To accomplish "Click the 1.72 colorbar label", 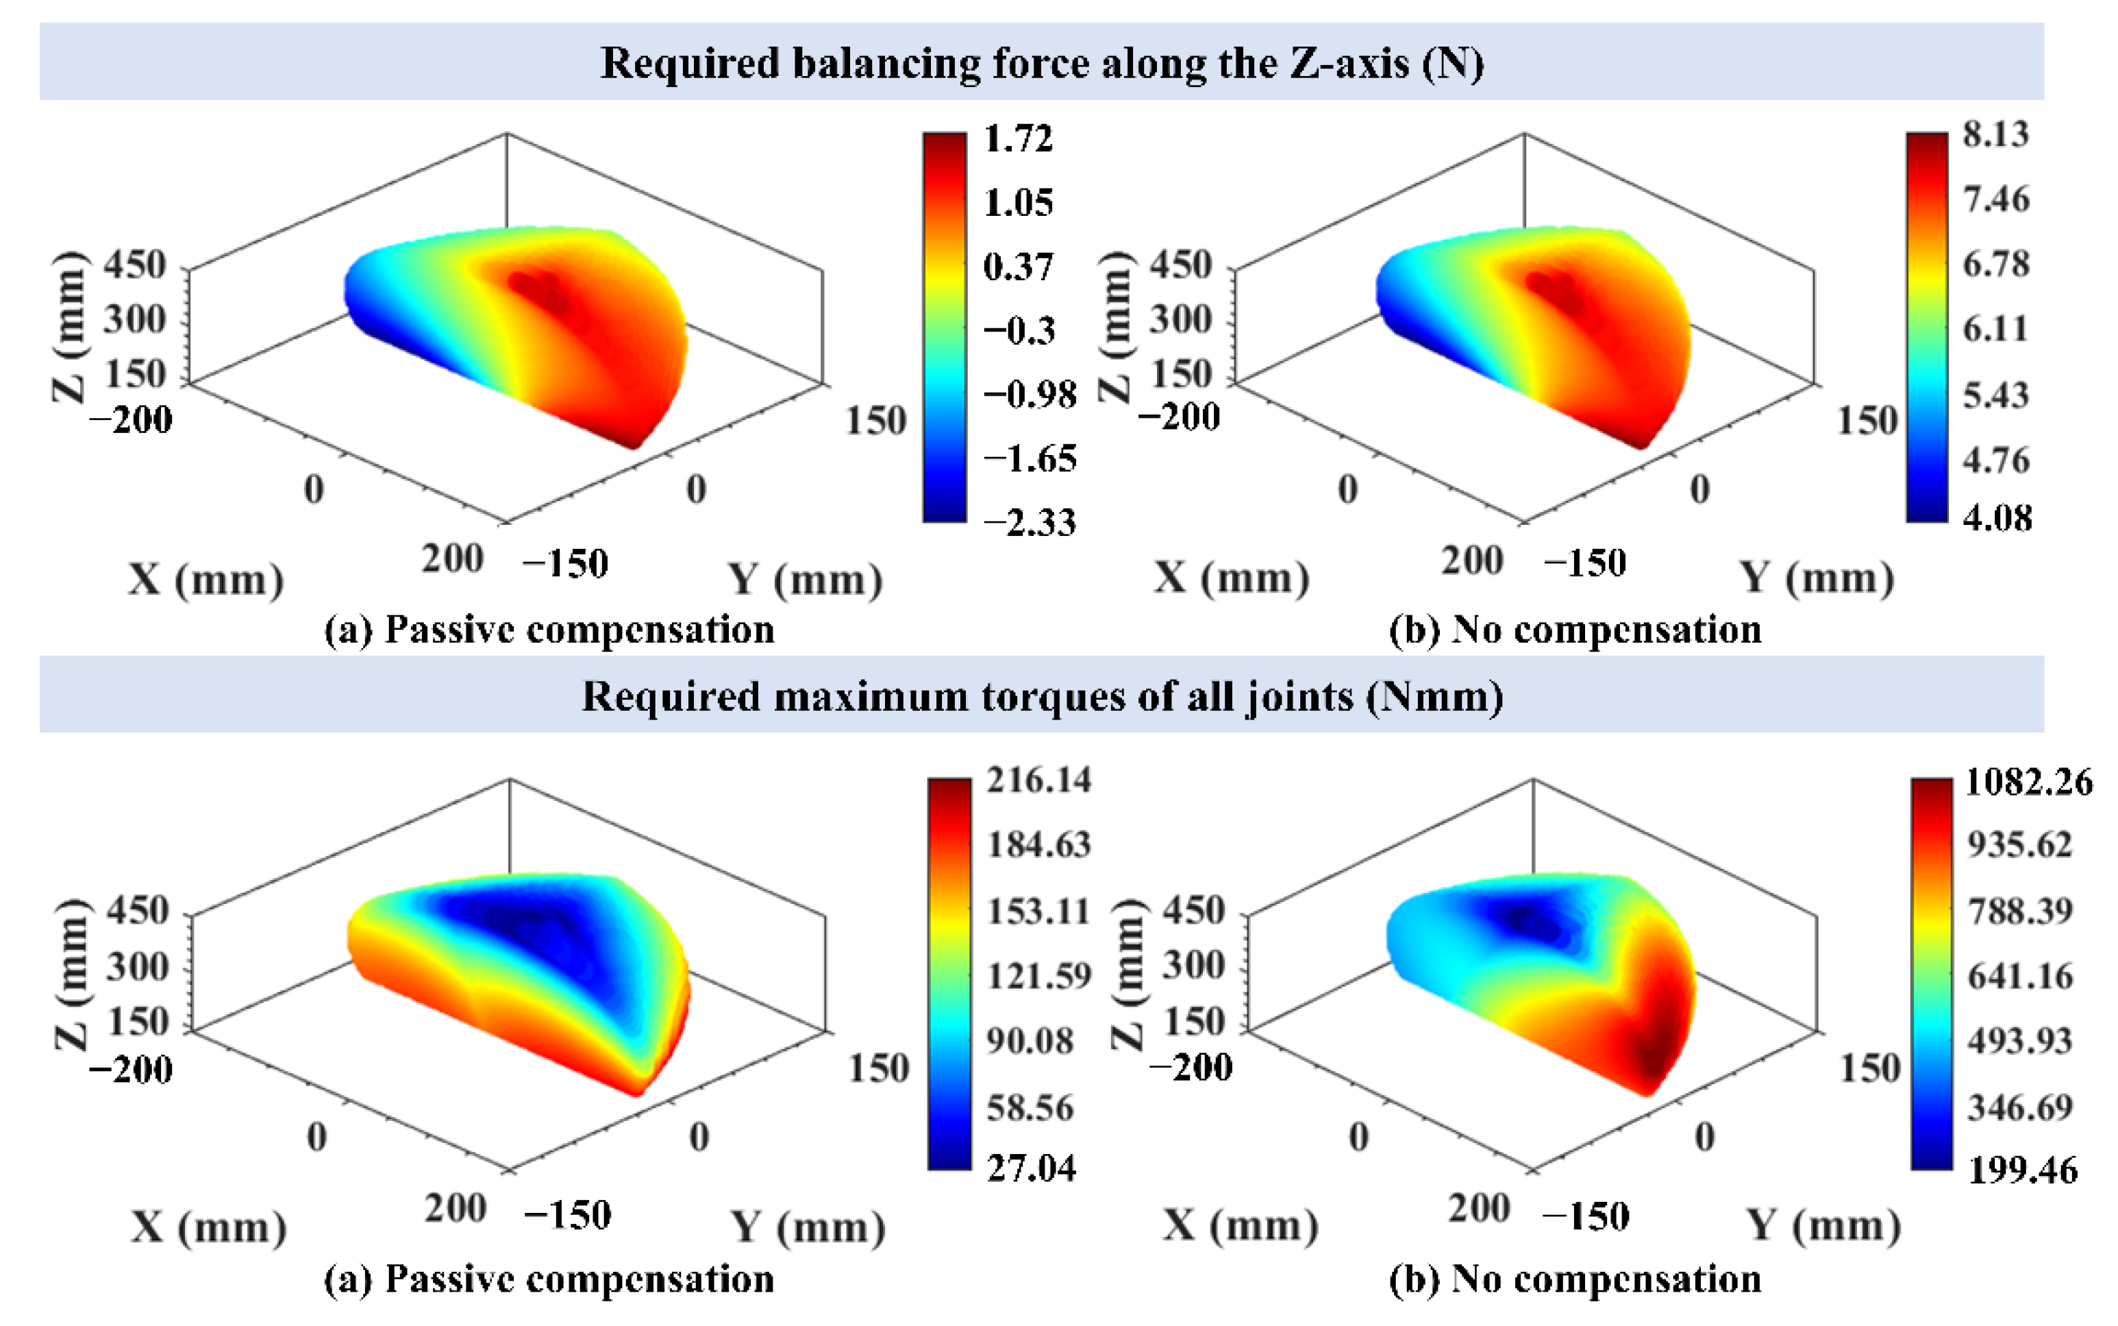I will coord(1018,138).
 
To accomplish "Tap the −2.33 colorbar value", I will coord(1029,523).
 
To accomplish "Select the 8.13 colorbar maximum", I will coord(1995,134).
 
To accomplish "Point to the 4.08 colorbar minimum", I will coord(1997,517).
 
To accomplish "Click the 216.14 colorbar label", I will coord(1039,780).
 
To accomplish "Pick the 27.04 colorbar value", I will coord(1031,1168).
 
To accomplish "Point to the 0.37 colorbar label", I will coord(1018,267).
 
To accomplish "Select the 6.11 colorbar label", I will coord(1995,329).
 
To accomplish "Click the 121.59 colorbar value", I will coord(1039,976).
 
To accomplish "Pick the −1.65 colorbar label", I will coord(1029,458).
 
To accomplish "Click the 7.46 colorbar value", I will coord(1995,200).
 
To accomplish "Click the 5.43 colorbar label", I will coord(1995,395).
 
